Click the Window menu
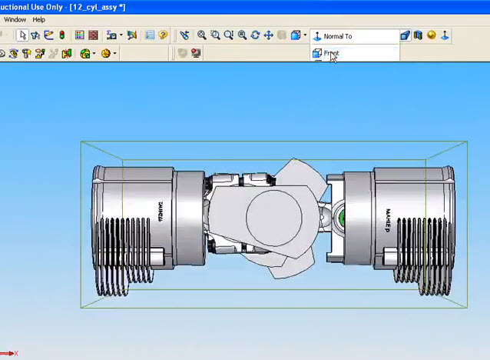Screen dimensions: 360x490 [15, 19]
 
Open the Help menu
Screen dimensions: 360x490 [38, 19]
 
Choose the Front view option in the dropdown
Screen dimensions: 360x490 [331, 54]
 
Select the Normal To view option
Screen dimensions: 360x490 [337, 36]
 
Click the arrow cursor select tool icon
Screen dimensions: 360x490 [22, 35]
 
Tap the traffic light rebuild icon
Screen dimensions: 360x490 [61, 35]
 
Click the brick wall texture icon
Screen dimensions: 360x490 [93, 35]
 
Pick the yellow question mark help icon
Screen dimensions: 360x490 [163, 35]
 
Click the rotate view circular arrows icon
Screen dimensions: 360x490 [255, 35]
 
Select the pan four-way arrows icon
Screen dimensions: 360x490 [268, 35]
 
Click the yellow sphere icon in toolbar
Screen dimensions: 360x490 [432, 35]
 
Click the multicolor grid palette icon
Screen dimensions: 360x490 [80, 35]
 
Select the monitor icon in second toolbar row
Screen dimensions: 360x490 [196, 54]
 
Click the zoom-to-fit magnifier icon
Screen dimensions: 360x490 [201, 35]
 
